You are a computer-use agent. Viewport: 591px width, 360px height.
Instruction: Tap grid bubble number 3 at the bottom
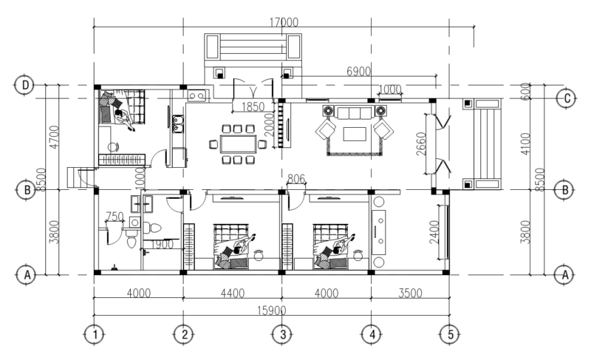pyautogui.click(x=281, y=334)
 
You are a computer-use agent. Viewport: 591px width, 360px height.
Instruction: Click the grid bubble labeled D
pyautogui.click(x=25, y=85)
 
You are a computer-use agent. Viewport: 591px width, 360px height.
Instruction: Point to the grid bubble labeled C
pyautogui.click(x=566, y=97)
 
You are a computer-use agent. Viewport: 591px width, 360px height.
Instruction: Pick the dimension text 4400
pyautogui.click(x=232, y=293)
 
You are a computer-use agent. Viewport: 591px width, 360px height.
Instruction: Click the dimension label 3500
pyautogui.click(x=410, y=293)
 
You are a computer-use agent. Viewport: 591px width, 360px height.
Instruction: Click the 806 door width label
pyautogui.click(x=295, y=179)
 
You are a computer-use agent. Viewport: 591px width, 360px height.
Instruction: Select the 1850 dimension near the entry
pyautogui.click(x=252, y=107)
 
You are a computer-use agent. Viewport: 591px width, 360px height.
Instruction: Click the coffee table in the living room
pyautogui.click(x=354, y=134)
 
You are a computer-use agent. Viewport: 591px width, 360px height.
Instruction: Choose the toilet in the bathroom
pyautogui.click(x=131, y=236)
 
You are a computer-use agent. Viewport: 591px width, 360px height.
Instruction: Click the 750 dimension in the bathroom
pyautogui.click(x=115, y=217)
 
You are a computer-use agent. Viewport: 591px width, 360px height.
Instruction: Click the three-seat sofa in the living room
pyautogui.click(x=353, y=112)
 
